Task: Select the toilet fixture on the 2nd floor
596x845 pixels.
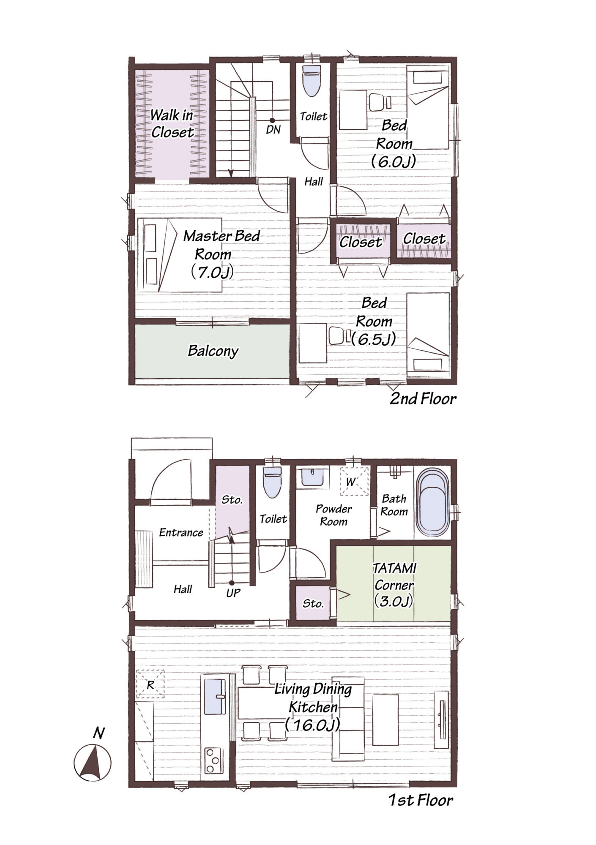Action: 312,81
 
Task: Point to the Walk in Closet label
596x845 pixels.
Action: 172,123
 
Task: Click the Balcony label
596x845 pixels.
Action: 213,351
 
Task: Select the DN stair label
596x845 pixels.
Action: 273,130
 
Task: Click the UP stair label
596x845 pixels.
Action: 233,593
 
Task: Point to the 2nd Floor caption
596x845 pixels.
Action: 423,398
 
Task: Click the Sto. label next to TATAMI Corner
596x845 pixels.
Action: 313,604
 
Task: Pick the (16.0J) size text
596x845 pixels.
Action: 312,725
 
